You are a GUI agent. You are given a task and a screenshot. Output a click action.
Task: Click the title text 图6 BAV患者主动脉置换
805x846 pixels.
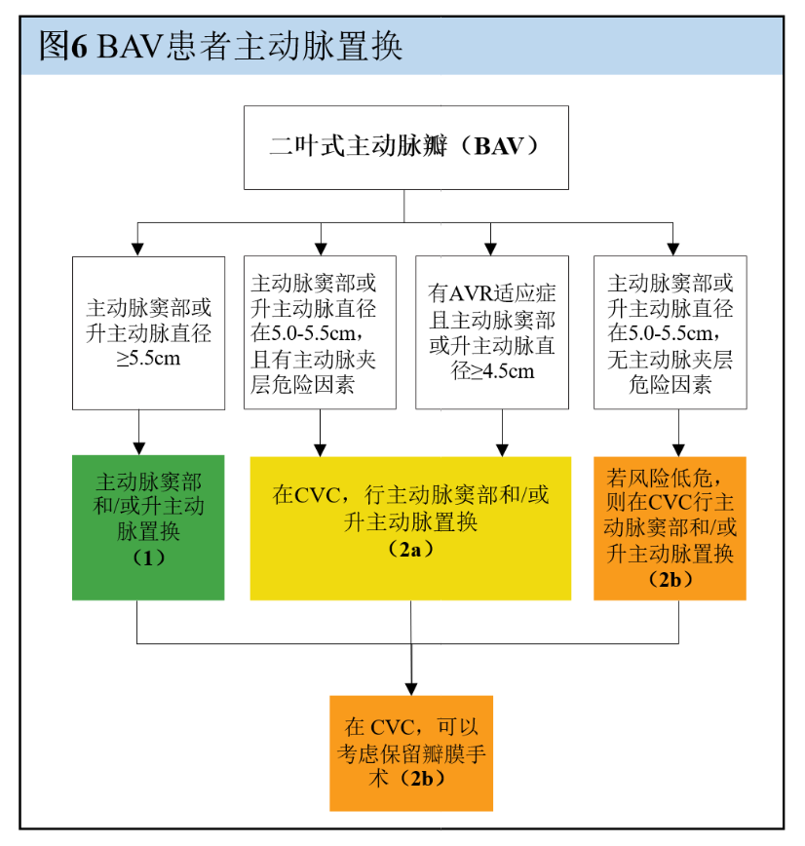tap(220, 46)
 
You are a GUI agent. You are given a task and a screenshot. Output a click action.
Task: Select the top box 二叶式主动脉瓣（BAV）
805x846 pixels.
tap(404, 147)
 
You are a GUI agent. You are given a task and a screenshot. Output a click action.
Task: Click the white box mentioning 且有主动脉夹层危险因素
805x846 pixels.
tap(320, 332)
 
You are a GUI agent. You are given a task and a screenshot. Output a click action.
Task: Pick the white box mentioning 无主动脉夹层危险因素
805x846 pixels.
tap(671, 332)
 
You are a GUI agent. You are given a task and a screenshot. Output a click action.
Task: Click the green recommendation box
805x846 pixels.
tap(148, 526)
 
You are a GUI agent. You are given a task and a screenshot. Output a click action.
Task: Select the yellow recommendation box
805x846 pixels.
tap(410, 526)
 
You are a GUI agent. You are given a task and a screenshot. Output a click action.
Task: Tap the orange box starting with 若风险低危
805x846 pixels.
tap(670, 527)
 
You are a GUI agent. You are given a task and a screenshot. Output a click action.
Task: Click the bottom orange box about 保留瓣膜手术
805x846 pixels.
tap(410, 752)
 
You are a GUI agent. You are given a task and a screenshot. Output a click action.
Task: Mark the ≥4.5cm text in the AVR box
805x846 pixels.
tap(494, 371)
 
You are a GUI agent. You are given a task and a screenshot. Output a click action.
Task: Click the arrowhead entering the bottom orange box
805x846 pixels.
tap(410, 688)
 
